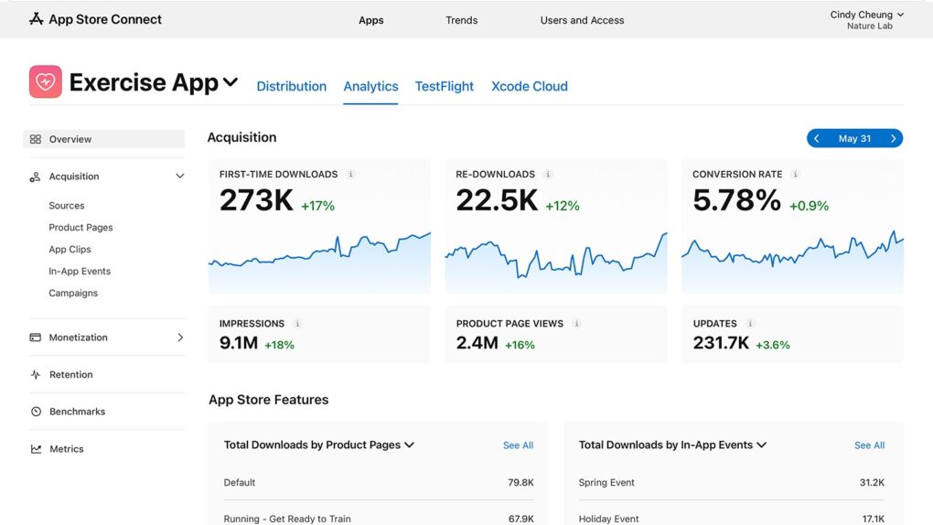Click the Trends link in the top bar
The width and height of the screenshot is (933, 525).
click(461, 20)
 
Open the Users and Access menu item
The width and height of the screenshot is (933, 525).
click(582, 20)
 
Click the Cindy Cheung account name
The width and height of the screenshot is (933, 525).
click(861, 15)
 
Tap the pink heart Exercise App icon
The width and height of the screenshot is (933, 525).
click(45, 82)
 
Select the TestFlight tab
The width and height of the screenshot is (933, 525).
click(444, 86)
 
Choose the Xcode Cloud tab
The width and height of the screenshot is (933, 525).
click(529, 86)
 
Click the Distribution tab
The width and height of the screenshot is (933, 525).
click(291, 86)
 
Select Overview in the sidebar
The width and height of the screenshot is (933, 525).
click(70, 139)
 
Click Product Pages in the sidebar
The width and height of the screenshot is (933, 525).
click(80, 228)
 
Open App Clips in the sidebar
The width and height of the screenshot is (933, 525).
click(70, 250)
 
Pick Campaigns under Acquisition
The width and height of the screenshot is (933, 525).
click(73, 294)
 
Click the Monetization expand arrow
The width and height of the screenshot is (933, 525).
click(180, 337)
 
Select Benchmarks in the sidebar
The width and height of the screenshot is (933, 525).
click(77, 412)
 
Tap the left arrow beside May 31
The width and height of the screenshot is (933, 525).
click(817, 139)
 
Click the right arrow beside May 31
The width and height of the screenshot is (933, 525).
click(894, 139)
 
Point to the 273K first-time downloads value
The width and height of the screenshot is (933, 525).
click(256, 200)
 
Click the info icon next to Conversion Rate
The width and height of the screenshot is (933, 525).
click(796, 175)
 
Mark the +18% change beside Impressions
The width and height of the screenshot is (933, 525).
click(279, 345)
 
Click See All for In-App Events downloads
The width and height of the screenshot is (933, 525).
click(869, 445)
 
